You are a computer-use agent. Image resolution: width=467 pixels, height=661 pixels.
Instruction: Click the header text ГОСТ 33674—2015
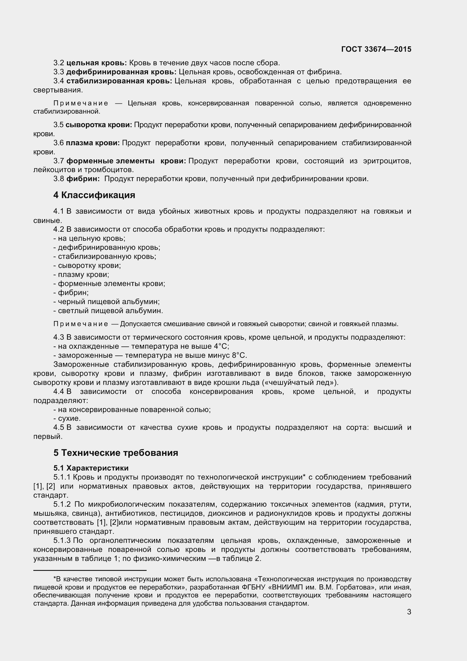pos(376,49)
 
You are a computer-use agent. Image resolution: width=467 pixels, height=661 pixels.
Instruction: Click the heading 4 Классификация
pos(94,195)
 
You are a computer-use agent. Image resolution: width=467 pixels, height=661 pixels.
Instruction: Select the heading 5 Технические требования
pos(116,452)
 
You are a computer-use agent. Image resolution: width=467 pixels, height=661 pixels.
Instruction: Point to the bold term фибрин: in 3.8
pos(83,179)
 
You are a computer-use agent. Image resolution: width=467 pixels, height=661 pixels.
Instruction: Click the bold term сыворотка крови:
pos(99,125)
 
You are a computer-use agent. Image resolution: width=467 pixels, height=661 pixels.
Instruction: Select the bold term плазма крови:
pos(93,143)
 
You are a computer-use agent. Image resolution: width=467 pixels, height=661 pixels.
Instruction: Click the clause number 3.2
pos(58,63)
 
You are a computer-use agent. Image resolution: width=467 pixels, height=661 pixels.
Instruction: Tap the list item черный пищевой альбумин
pos(108,302)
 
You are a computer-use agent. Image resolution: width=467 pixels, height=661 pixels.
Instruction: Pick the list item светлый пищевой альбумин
pos(110,311)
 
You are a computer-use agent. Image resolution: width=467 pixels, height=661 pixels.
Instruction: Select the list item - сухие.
pos(67,418)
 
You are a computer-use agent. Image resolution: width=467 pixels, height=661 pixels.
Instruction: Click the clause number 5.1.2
pos(62,504)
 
